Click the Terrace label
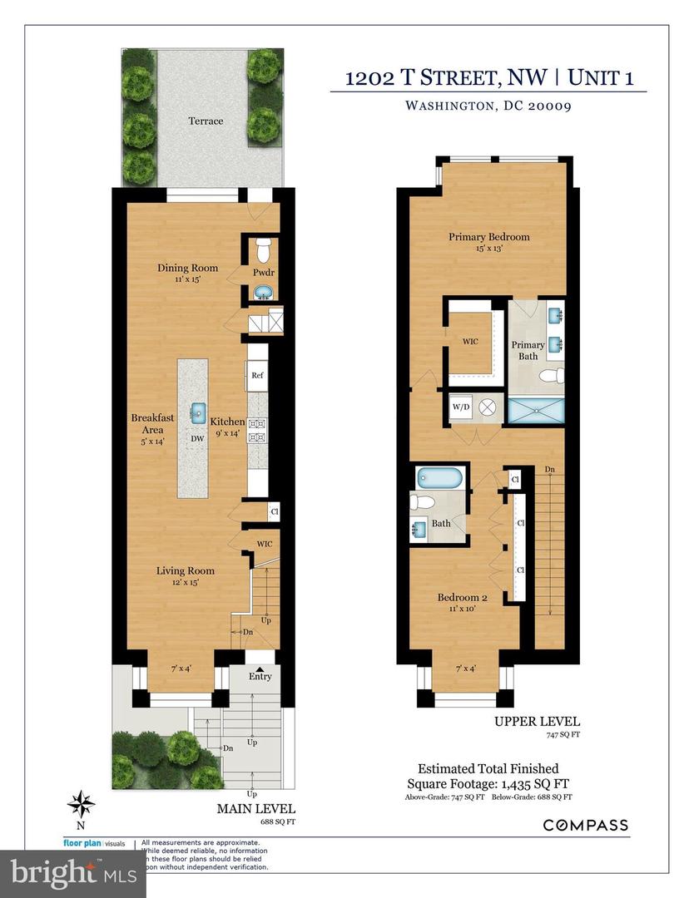click(205, 121)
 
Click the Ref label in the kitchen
click(257, 376)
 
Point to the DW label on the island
click(198, 438)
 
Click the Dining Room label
click(188, 268)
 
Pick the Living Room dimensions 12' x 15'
click(187, 582)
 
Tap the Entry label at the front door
click(260, 676)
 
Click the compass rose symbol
click(81, 804)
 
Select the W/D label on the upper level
click(460, 408)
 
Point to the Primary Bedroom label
click(488, 237)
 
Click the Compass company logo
click(586, 825)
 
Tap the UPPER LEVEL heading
click(549, 722)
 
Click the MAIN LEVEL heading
click(255, 808)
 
